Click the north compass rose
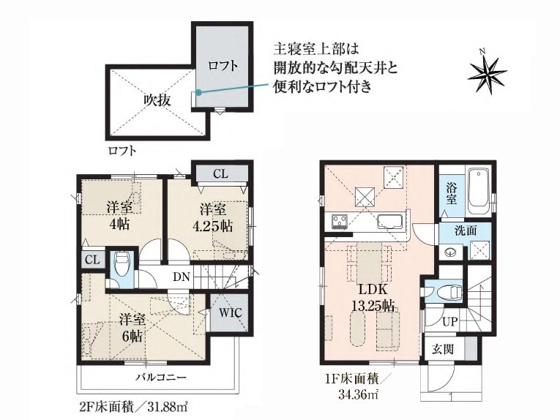[x=488, y=72]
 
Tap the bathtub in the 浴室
[x=479, y=192]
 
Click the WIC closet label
[x=231, y=313]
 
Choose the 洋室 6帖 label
[x=132, y=328]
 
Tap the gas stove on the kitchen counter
[x=338, y=222]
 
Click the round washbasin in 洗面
[x=449, y=252]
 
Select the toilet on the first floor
[x=452, y=292]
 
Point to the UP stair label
[x=450, y=322]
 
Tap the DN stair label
[x=182, y=277]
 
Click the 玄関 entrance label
[x=443, y=349]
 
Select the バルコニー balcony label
[x=162, y=377]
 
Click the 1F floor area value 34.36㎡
[x=359, y=394]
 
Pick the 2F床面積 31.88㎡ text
[x=134, y=406]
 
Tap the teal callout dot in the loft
[x=198, y=93]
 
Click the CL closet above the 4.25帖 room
[x=220, y=174]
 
